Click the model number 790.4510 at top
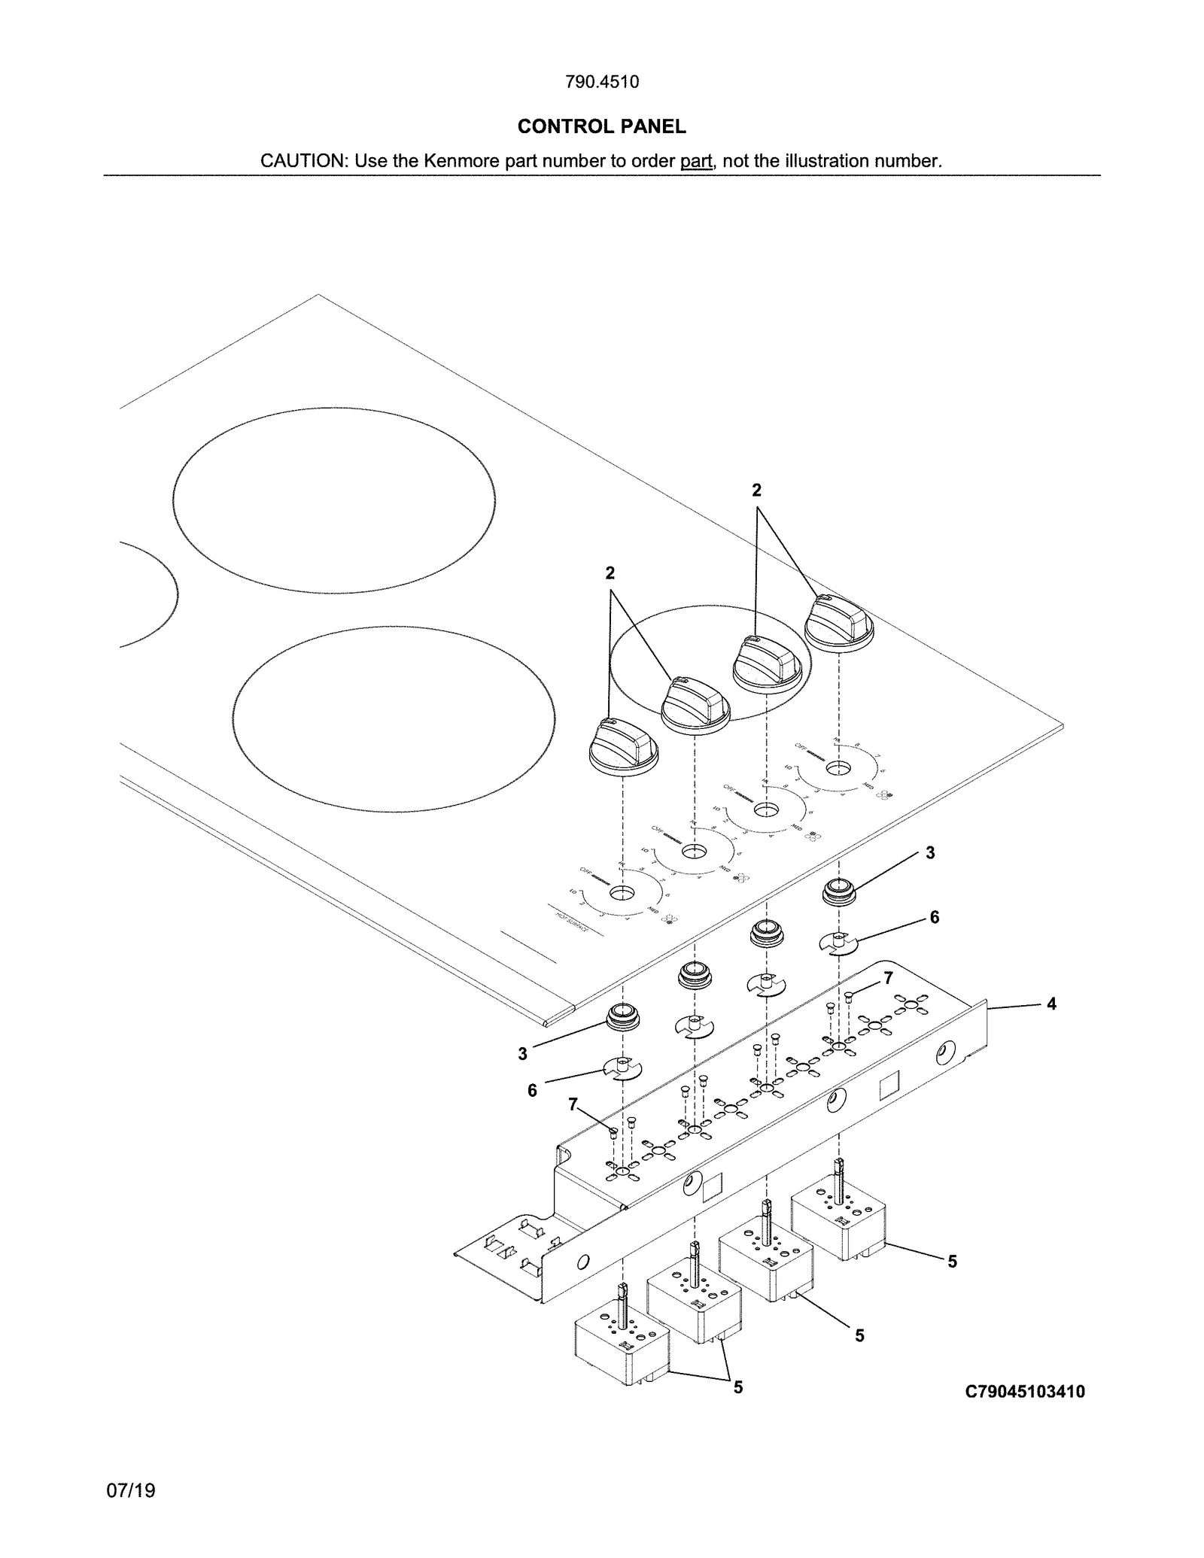click(x=601, y=82)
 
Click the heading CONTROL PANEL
click(x=601, y=126)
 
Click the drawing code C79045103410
click(x=1025, y=1392)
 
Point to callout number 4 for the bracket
click(x=1051, y=1004)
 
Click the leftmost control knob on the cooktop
click(x=623, y=746)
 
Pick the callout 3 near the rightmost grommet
click(x=930, y=852)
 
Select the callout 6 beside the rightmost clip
click(x=934, y=917)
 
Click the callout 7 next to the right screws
click(x=889, y=978)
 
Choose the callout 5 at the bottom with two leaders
click(x=738, y=1386)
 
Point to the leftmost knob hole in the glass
click(x=622, y=894)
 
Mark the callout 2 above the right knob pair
click(x=756, y=490)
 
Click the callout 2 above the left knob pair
click(x=610, y=573)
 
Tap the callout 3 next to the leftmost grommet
click(x=522, y=1054)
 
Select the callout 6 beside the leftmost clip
click(x=532, y=1090)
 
